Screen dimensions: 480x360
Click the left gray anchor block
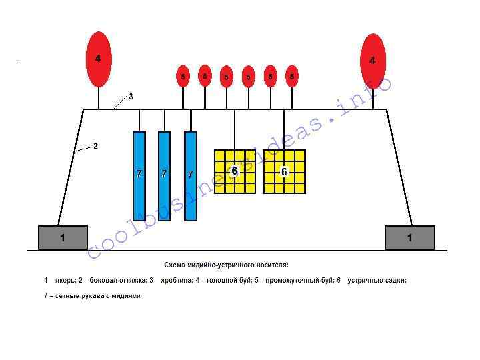[x=63, y=237]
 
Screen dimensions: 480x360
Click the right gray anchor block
[x=409, y=237]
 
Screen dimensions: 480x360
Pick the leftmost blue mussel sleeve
[x=139, y=175]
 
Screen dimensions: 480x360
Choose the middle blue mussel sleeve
[x=164, y=175]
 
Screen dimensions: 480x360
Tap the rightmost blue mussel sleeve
[x=191, y=175]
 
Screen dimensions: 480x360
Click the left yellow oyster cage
[x=235, y=171]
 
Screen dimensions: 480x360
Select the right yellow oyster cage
[x=285, y=171]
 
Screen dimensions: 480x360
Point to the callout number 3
[x=131, y=97]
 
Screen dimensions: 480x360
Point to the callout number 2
[x=95, y=146]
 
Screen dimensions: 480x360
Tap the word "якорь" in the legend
[x=63, y=281]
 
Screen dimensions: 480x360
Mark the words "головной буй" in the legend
[x=227, y=281]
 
